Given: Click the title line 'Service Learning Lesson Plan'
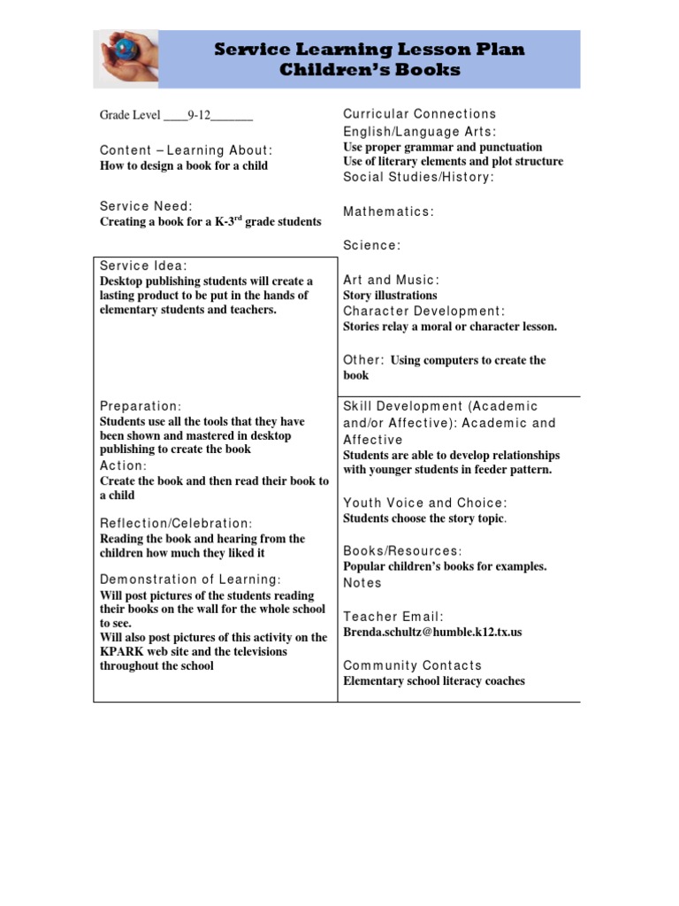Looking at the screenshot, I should tap(370, 50).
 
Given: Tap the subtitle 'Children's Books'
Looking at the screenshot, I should tap(370, 69).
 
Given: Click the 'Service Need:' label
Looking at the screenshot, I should tap(146, 206).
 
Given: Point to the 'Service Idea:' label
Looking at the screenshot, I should tap(143, 265).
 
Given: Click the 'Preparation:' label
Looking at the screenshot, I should tap(141, 406).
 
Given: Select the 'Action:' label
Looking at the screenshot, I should tap(123, 465).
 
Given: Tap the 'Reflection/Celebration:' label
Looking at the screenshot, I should tap(176, 524).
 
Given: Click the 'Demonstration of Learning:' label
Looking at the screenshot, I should tap(190, 580).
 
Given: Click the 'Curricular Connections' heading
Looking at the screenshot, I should tap(419, 114).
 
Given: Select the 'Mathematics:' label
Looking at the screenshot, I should tap(388, 211).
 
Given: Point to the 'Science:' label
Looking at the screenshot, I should tap(371, 245).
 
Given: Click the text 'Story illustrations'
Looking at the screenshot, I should tap(390, 296).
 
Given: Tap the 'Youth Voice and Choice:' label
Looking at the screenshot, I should tap(425, 503).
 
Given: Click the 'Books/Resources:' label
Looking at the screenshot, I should tap(402, 550).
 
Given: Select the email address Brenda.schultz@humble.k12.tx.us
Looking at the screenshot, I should tap(432, 633).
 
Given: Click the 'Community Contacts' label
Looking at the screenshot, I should tap(412, 665).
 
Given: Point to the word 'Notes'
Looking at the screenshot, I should tap(362, 583).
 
